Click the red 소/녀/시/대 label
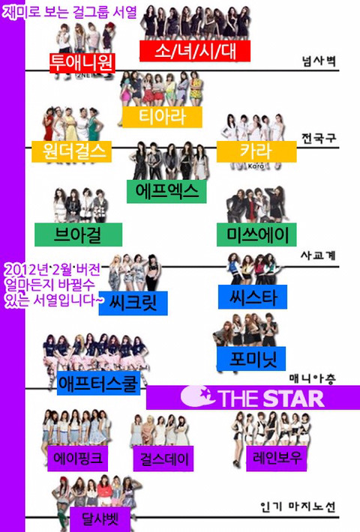point(195,51)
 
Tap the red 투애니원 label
point(82,63)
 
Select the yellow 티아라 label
point(162,117)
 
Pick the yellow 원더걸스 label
point(72,151)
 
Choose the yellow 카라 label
point(256,151)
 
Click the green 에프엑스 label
point(166,191)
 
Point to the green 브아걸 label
point(79,235)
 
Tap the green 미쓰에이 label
point(256,235)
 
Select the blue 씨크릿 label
point(133,303)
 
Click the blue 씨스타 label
point(253,297)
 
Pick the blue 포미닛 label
point(251,359)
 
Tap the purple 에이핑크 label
point(78,459)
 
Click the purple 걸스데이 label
point(163,459)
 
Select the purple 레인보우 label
point(277,459)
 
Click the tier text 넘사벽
point(319,61)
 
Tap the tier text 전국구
point(319,138)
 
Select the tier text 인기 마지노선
point(298,507)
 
